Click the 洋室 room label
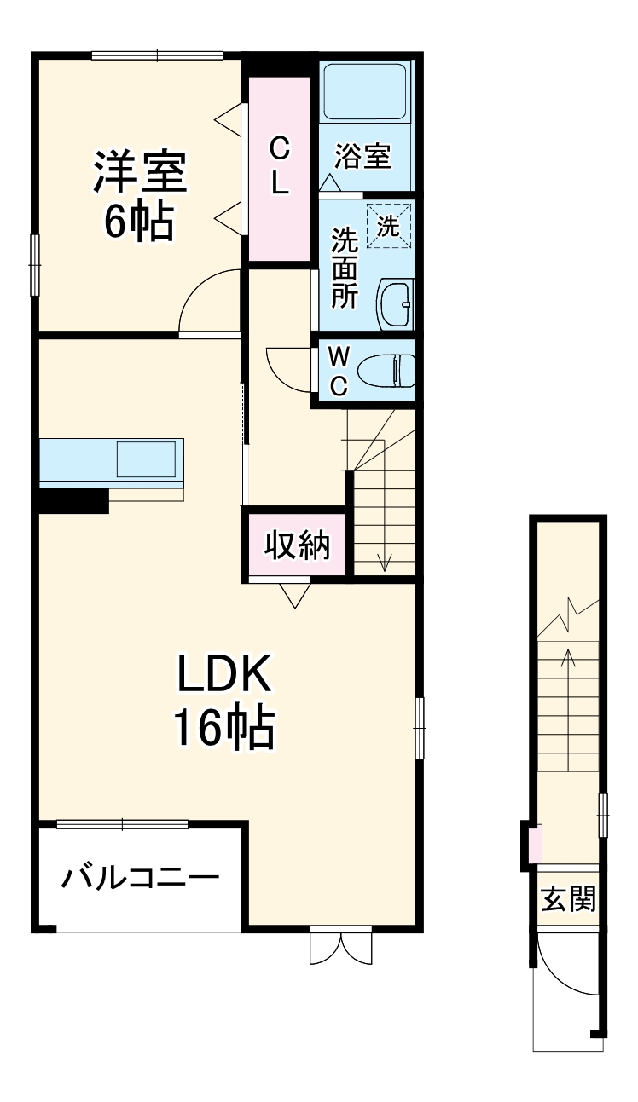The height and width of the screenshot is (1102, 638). click(140, 173)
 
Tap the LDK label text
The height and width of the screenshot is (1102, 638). click(224, 676)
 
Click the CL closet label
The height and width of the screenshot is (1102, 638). click(280, 167)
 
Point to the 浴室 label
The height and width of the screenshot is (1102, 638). click(362, 156)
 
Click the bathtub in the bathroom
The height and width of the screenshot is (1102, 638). click(365, 92)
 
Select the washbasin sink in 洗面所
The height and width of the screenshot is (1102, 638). click(395, 303)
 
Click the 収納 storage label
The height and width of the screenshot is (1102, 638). click(296, 545)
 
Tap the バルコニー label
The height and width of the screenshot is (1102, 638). click(140, 876)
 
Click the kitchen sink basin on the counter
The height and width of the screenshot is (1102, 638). click(147, 460)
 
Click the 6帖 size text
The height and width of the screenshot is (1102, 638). click(140, 222)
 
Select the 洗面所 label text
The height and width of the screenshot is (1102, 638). click(345, 268)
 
